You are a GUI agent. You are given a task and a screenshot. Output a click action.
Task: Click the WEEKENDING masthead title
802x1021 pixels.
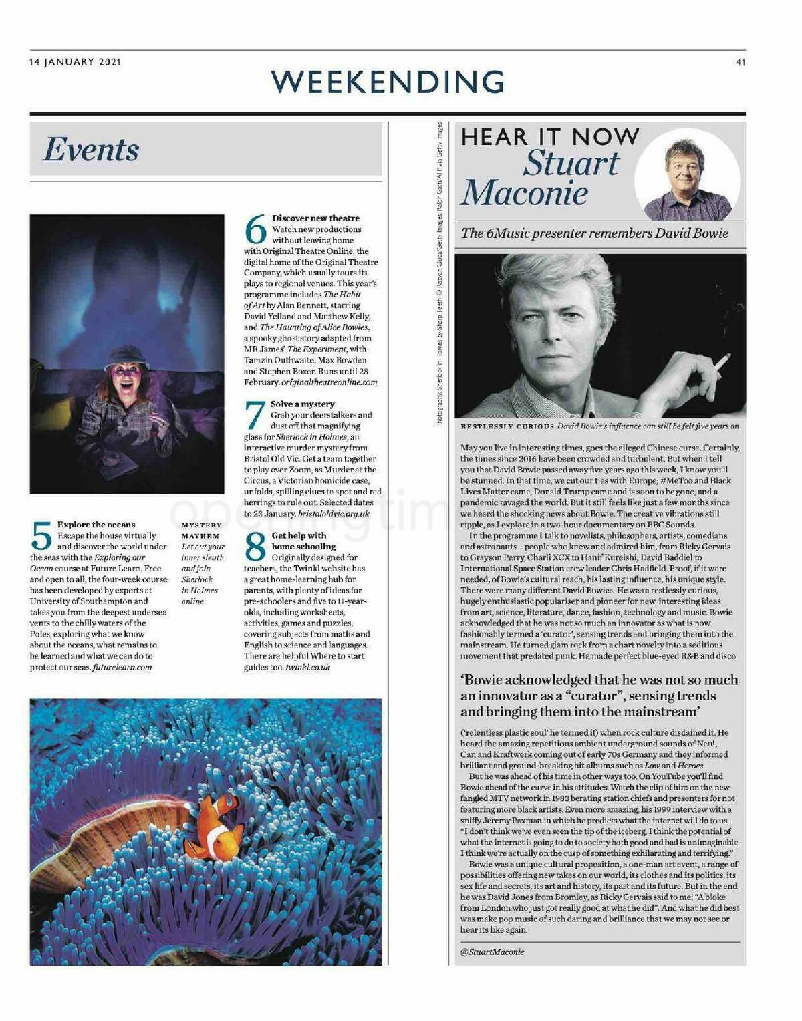388,82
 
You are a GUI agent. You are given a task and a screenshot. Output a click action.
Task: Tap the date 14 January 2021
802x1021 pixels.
75,62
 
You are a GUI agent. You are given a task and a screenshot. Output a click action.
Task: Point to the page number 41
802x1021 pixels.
740,63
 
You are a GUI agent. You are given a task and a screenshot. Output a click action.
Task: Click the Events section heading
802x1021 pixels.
91,149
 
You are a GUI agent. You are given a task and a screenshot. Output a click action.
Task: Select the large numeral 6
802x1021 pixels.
255,230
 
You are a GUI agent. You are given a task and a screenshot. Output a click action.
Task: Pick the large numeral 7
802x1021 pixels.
255,415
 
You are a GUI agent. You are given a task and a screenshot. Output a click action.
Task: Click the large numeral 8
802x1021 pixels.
255,547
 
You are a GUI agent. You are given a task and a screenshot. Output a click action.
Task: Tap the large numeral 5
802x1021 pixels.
41,536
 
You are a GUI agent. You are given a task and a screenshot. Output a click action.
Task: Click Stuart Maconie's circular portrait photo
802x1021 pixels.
686,175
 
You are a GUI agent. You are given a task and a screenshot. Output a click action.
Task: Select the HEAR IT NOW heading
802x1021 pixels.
549,137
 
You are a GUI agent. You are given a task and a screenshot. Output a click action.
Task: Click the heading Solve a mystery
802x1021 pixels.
303,404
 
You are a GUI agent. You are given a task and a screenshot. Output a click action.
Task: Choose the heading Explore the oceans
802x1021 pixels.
96,525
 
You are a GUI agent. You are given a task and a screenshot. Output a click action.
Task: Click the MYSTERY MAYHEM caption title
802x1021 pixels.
201,531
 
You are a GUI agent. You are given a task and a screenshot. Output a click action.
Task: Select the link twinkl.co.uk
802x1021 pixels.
308,667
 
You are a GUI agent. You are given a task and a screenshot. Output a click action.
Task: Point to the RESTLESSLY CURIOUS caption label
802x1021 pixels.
507,426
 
